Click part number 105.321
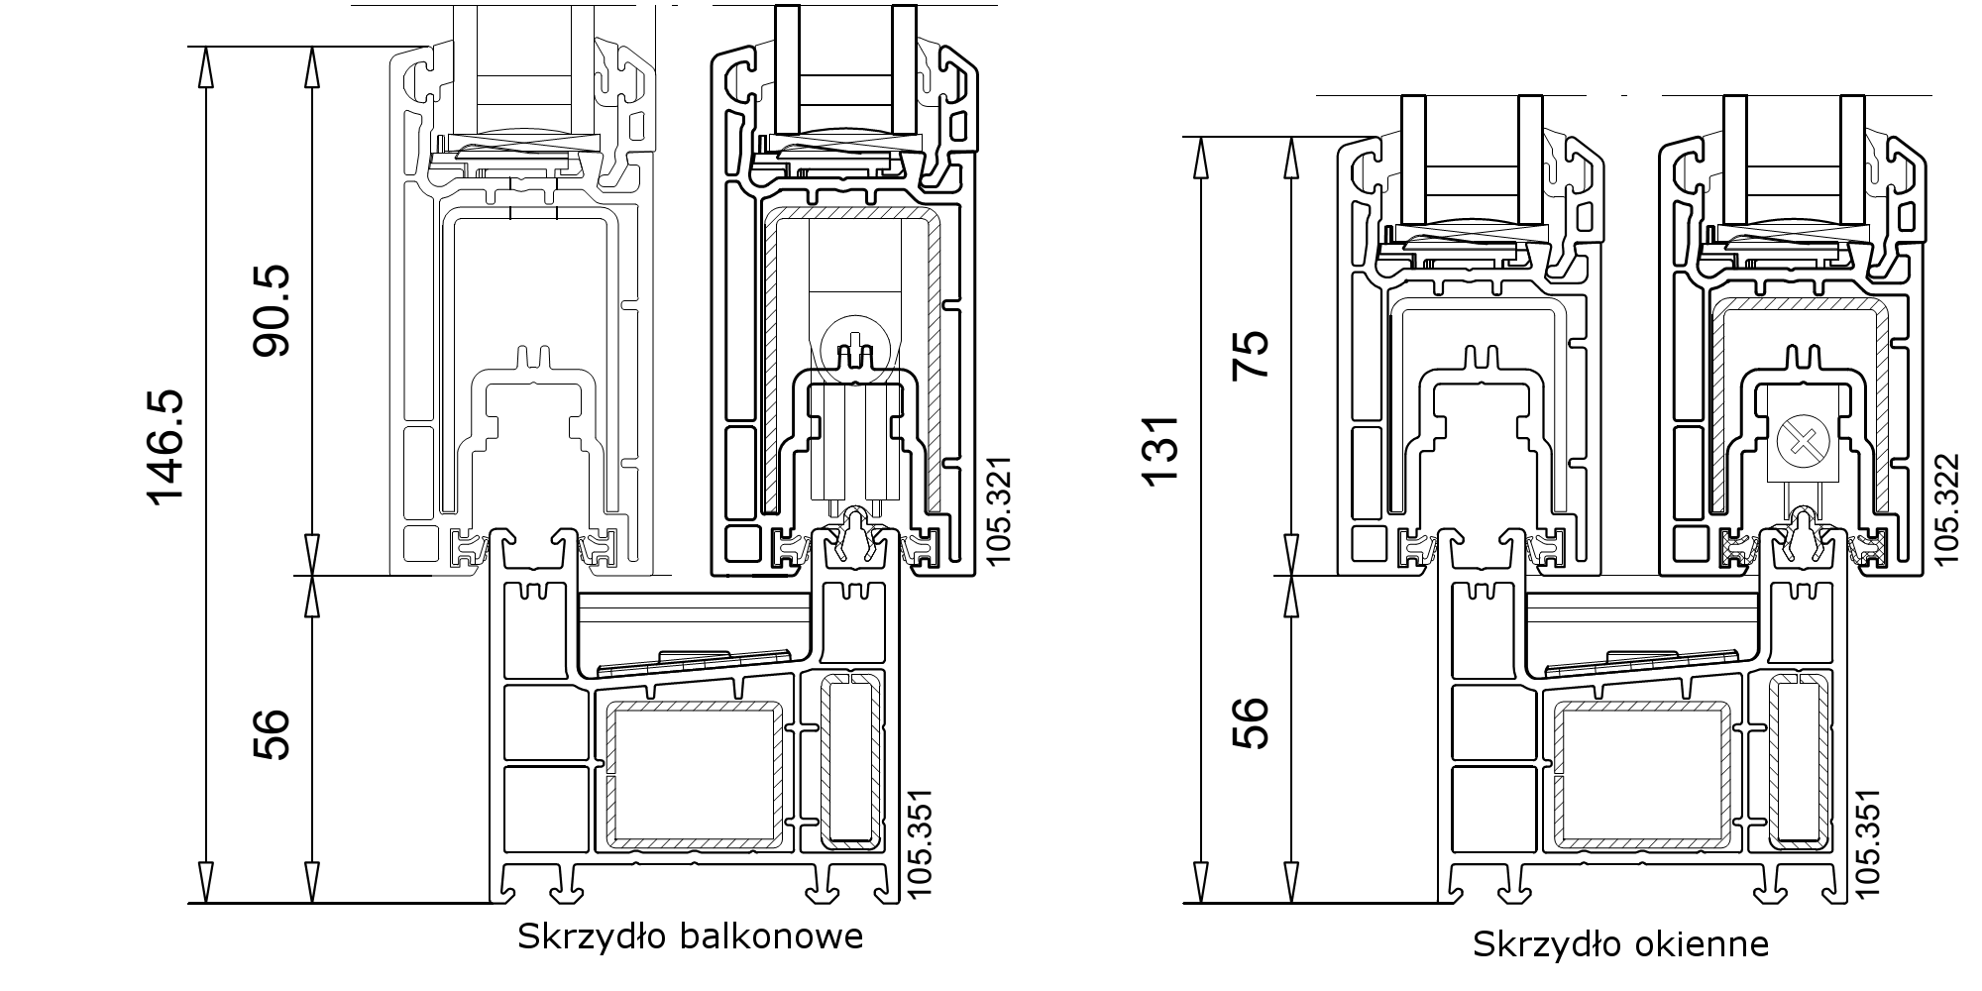pyautogui.click(x=1000, y=511)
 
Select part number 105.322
pyautogui.click(x=1947, y=507)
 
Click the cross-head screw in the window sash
pyautogui.click(x=1795, y=437)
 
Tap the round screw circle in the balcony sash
pyautogui.click(x=850, y=344)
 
